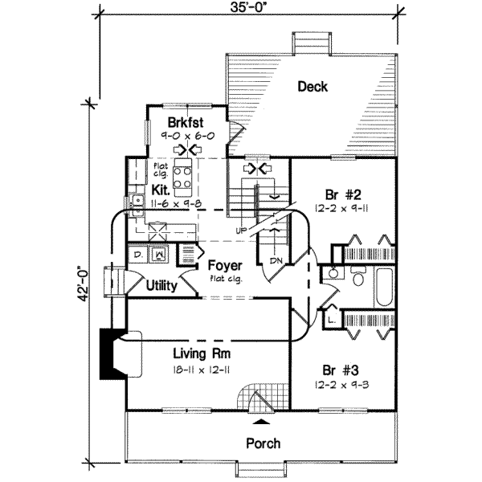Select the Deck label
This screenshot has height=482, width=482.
(312, 87)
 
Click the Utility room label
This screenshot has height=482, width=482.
(162, 284)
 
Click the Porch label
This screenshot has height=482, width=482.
(263, 443)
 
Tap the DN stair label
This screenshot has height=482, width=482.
(275, 260)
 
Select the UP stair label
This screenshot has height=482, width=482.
(240, 231)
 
